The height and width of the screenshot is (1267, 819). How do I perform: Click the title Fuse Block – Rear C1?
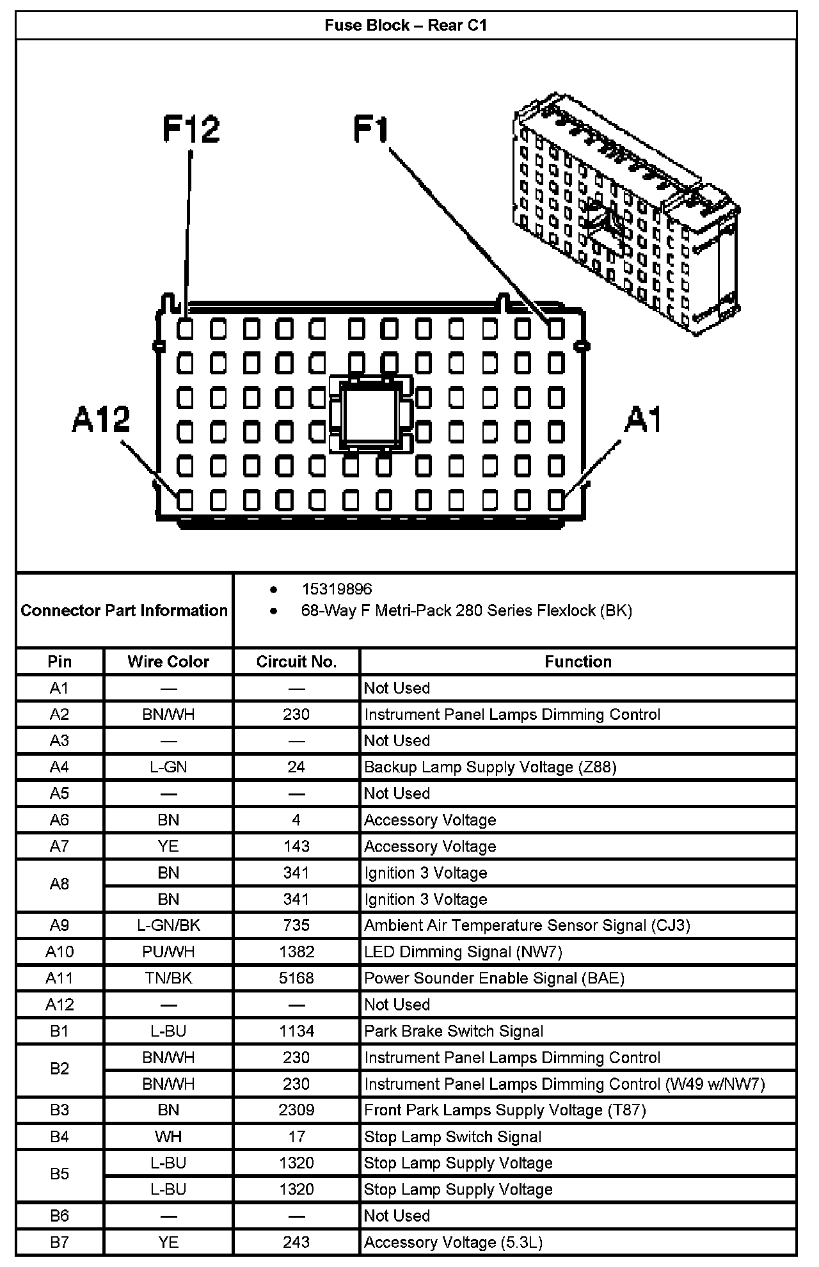click(x=406, y=26)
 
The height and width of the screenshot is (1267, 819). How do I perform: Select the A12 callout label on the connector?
click(x=101, y=420)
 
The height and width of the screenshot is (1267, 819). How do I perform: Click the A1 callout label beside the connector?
click(x=643, y=420)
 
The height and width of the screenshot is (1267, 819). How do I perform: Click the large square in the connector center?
click(x=370, y=414)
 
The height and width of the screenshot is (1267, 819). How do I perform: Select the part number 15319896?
click(x=337, y=589)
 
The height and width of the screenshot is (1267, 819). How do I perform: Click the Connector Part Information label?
click(x=124, y=610)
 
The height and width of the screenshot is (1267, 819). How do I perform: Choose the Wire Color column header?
click(x=168, y=662)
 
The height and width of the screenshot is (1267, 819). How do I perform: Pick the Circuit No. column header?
click(x=296, y=662)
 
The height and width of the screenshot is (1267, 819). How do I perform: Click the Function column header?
click(x=578, y=662)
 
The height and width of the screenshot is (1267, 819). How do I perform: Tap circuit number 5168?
click(x=296, y=978)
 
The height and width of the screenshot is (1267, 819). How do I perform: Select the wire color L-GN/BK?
click(x=168, y=925)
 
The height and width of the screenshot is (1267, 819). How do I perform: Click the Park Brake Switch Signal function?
click(x=454, y=1031)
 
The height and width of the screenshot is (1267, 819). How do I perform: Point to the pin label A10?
click(x=60, y=952)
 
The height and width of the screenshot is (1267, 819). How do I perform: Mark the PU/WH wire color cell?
click(x=168, y=952)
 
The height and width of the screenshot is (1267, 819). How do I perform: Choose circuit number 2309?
click(x=296, y=1110)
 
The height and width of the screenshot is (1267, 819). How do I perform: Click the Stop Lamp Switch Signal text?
click(x=452, y=1136)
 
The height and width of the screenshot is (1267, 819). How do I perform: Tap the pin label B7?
click(x=60, y=1242)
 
